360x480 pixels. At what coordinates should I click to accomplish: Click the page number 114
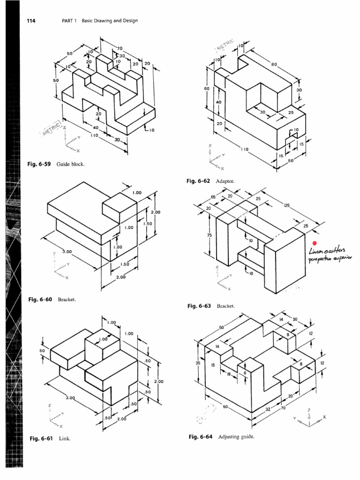[x=31, y=21]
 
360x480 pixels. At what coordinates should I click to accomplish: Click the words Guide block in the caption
[x=70, y=165]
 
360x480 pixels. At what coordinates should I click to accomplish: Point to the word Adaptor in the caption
[x=225, y=181]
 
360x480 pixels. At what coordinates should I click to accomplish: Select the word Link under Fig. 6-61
[x=64, y=439]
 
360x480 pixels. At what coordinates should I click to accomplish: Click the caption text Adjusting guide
[x=235, y=436]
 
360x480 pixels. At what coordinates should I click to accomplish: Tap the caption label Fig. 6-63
[x=200, y=306]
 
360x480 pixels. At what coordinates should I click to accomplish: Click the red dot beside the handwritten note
[x=315, y=243]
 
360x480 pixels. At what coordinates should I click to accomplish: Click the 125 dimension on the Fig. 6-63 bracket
[x=286, y=205]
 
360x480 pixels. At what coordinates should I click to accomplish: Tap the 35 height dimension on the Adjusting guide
[x=198, y=362]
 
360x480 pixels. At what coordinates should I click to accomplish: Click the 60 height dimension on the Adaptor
[x=206, y=88]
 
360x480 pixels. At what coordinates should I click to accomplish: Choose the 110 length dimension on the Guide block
[x=94, y=135]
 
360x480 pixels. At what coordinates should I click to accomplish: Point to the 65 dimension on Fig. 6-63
[x=213, y=197]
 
